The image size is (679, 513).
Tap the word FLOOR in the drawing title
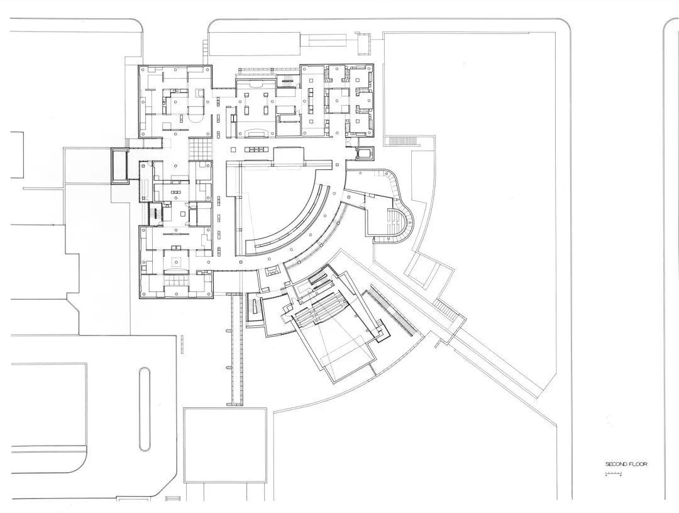(x=638, y=464)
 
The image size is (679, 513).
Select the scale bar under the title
(x=614, y=473)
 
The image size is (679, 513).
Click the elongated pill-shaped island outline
(x=145, y=409)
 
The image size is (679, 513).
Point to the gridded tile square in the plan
(x=201, y=148)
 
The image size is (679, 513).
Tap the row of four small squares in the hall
(x=255, y=149)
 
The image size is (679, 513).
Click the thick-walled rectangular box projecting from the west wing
(x=120, y=166)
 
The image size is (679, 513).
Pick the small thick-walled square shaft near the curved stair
(x=364, y=153)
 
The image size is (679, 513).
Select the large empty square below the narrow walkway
(x=224, y=446)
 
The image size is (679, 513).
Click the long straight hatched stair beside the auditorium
(x=390, y=310)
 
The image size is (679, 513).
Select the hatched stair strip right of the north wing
(x=403, y=140)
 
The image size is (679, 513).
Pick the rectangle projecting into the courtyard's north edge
(x=287, y=156)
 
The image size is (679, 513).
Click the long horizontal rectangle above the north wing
(x=254, y=43)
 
